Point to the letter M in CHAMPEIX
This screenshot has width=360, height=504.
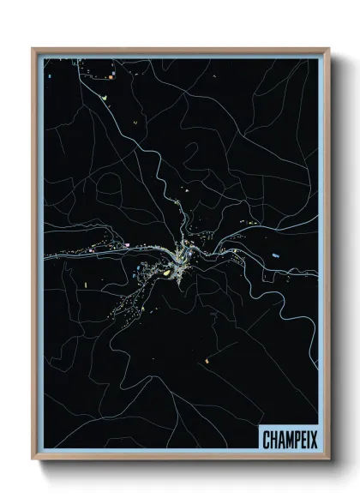tap(284, 435)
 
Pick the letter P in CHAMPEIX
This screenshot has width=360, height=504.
tap(291, 435)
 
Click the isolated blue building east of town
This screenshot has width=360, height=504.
tap(275, 255)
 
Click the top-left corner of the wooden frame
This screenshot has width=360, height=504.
tap(33, 49)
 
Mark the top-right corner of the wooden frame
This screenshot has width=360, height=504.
tap(328, 49)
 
